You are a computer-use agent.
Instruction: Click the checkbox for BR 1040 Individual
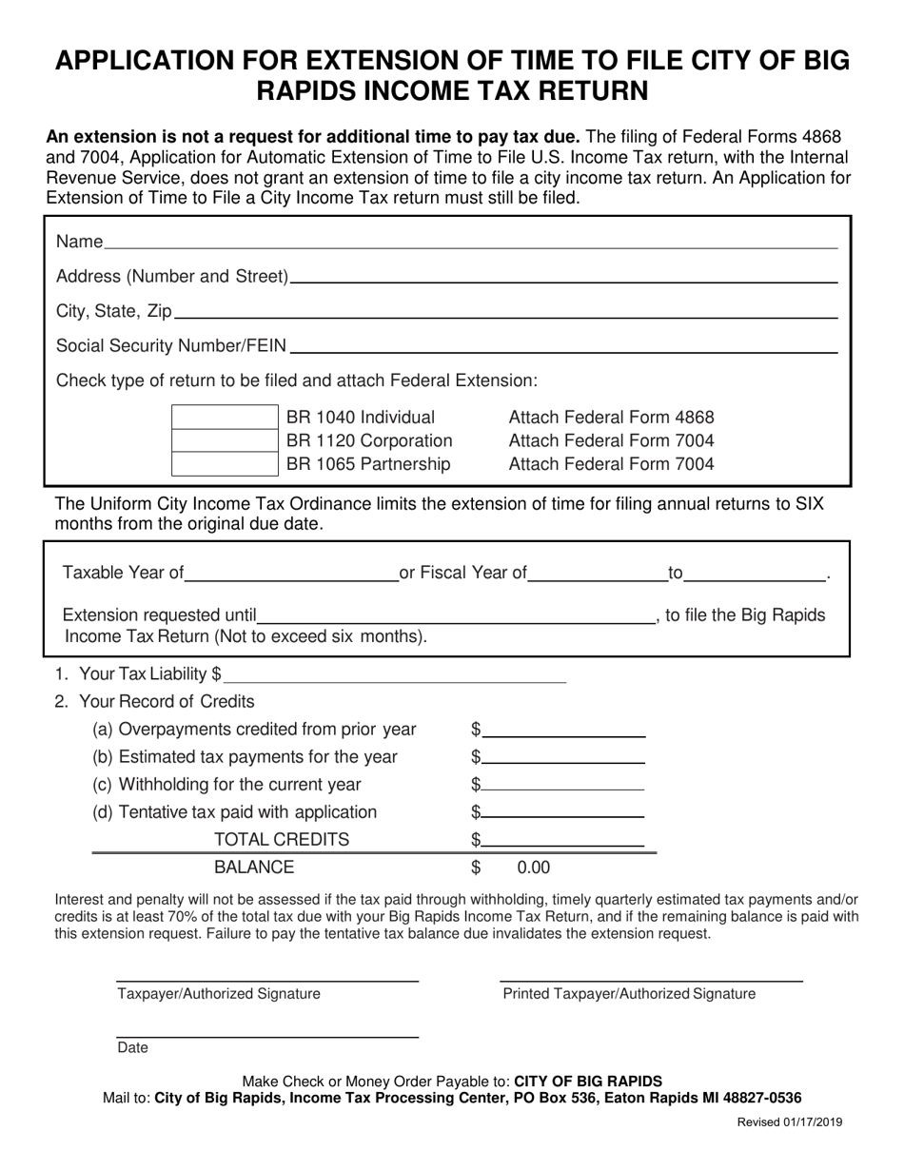(224, 418)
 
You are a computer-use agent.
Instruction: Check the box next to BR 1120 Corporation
(224, 440)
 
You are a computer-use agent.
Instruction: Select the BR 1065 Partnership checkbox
(224, 464)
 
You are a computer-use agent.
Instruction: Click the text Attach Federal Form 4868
(611, 418)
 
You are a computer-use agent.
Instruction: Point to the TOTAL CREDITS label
(282, 839)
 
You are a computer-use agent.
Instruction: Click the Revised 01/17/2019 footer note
(789, 1122)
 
